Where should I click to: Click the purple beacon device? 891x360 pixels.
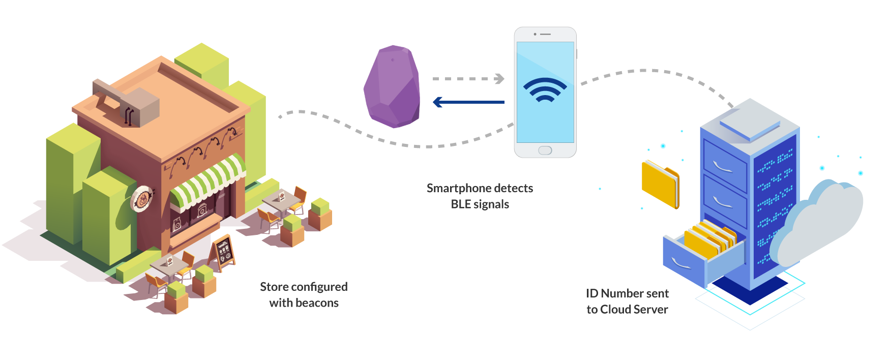(x=392, y=87)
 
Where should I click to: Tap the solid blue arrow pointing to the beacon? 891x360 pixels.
(x=468, y=102)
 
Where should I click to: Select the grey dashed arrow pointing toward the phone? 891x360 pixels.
(x=468, y=79)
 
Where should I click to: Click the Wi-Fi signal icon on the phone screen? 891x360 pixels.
(x=545, y=91)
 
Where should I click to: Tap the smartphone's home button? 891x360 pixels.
(x=545, y=151)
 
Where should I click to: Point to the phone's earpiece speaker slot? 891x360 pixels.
(x=546, y=34)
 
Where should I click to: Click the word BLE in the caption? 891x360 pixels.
(x=460, y=204)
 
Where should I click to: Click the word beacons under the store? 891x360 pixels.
(x=318, y=303)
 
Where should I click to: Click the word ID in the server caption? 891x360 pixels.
(x=592, y=294)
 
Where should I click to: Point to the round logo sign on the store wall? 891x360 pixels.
(x=141, y=199)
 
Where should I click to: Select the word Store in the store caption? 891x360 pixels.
(x=274, y=287)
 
